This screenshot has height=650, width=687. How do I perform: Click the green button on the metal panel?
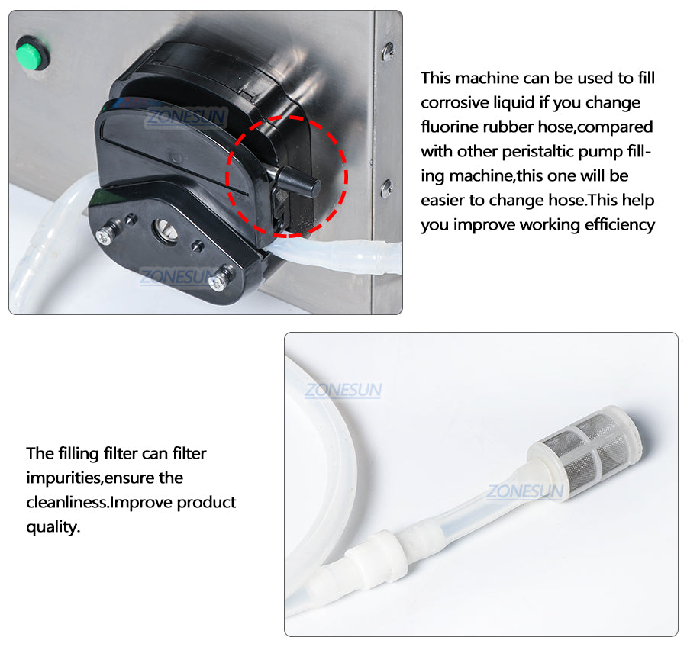pyautogui.click(x=32, y=53)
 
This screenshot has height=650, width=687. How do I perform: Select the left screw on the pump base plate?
pyautogui.click(x=105, y=235)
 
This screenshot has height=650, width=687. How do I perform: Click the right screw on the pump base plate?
pyautogui.click(x=221, y=280)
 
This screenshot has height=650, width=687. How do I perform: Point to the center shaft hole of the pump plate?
pyautogui.click(x=164, y=230)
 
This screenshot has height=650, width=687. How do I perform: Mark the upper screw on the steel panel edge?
pyautogui.click(x=388, y=51)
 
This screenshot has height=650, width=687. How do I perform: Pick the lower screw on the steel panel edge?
pyautogui.click(x=386, y=188)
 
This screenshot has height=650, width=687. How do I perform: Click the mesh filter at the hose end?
pyautogui.click(x=584, y=451)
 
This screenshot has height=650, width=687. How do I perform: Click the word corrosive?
pyautogui.click(x=454, y=102)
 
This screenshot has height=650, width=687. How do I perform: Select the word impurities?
pyautogui.click(x=64, y=478)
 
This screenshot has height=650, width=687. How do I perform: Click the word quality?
pyautogui.click(x=53, y=527)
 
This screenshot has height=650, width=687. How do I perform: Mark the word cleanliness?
pyautogui.click(x=67, y=503)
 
